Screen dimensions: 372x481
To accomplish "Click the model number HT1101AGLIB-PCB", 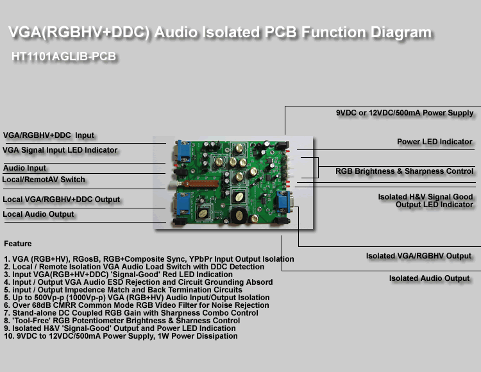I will coord(63,56).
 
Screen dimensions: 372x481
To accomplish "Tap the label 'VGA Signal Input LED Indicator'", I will coord(60,150).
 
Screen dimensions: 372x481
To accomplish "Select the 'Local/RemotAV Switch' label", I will coord(44,180).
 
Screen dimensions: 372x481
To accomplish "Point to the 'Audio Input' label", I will coord(24,168).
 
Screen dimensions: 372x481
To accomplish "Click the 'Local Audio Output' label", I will coord(38,214).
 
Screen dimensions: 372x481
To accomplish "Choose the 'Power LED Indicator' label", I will coord(434,142).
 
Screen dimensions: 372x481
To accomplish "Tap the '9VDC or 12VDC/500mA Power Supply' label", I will coord(405,113).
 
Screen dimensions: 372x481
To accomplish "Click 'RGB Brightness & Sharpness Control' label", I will coord(404,171).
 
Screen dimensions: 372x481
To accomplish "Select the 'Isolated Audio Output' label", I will coord(429,278).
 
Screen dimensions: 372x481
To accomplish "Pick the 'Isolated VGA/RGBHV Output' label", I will coord(418,256).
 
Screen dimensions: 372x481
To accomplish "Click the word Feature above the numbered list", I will coord(17,244).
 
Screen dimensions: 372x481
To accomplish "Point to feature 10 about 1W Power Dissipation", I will coord(121,336).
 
